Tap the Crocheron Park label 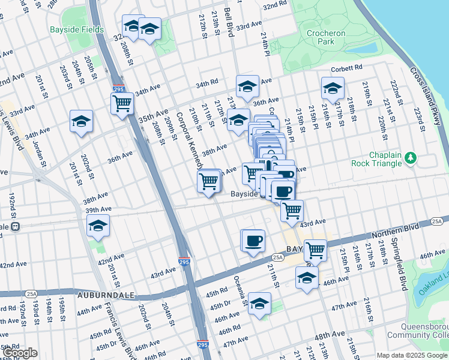click(325, 37)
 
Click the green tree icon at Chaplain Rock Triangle click(411, 157)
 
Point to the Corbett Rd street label click(350, 68)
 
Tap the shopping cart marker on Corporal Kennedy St click(208, 181)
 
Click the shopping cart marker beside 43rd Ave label click(292, 211)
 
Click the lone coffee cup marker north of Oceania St click(253, 240)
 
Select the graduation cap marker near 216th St click(332, 89)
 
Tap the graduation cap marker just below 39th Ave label click(97, 226)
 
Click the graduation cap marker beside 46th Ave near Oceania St click(259, 304)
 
